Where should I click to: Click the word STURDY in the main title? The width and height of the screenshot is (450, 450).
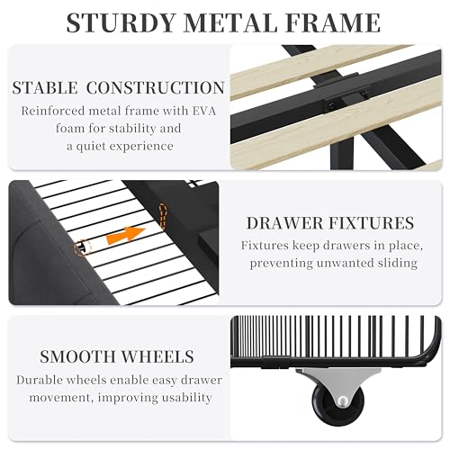click(121, 22)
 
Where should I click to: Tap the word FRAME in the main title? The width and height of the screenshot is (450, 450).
click(333, 22)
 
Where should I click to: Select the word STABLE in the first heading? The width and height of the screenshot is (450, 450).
click(45, 88)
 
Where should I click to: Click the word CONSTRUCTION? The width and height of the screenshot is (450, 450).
click(156, 88)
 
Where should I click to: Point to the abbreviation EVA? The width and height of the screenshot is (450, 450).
click(203, 111)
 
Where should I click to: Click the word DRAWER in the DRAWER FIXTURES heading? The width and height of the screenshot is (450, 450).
click(284, 223)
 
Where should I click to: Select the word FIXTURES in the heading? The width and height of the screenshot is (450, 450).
click(372, 223)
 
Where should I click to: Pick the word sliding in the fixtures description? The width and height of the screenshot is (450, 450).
click(397, 264)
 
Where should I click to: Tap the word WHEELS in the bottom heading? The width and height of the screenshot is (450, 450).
click(157, 356)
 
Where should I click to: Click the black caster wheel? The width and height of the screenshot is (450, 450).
click(338, 402)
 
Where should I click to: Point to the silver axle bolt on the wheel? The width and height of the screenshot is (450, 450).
click(342, 400)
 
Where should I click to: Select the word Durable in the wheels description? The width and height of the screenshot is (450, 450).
click(40, 381)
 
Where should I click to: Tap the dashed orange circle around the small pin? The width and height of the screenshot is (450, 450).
click(82, 247)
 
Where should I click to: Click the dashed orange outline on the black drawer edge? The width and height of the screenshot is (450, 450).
click(163, 215)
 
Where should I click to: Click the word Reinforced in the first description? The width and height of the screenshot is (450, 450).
click(53, 111)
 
